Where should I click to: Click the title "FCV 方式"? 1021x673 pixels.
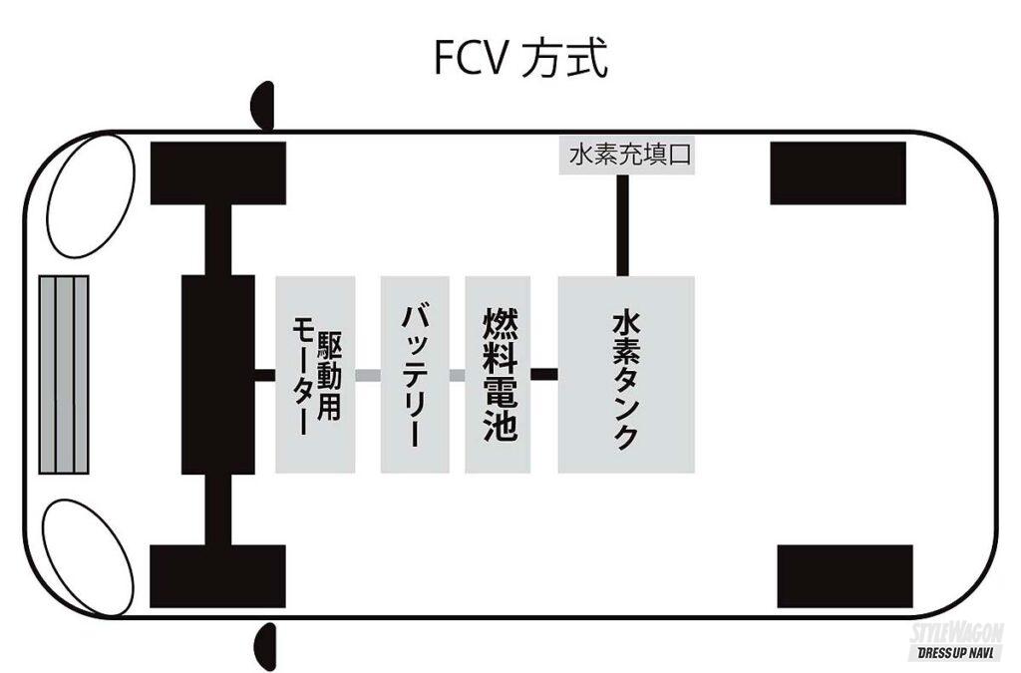pyautogui.click(x=519, y=58)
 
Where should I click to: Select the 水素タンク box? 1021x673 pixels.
pyautogui.click(x=626, y=374)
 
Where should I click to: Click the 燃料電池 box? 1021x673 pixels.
pyautogui.click(x=498, y=374)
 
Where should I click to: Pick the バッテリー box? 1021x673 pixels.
pyautogui.click(x=415, y=374)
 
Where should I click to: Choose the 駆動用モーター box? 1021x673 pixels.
pyautogui.click(x=315, y=374)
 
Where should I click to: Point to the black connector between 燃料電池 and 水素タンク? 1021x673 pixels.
pyautogui.click(x=544, y=375)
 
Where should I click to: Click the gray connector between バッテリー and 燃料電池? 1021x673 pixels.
pyautogui.click(x=457, y=376)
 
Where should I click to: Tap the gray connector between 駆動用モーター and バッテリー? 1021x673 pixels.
pyautogui.click(x=368, y=376)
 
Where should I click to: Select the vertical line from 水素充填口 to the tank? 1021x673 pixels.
pyautogui.click(x=622, y=225)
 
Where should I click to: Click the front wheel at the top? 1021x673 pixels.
pyautogui.click(x=217, y=172)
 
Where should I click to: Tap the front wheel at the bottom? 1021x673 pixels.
pyautogui.click(x=217, y=577)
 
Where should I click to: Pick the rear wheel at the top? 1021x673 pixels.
pyautogui.click(x=838, y=172)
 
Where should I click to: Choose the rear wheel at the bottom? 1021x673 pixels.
pyautogui.click(x=845, y=576)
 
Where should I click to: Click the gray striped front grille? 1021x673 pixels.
pyautogui.click(x=64, y=375)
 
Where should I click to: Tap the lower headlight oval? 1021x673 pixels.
pyautogui.click(x=90, y=553)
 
